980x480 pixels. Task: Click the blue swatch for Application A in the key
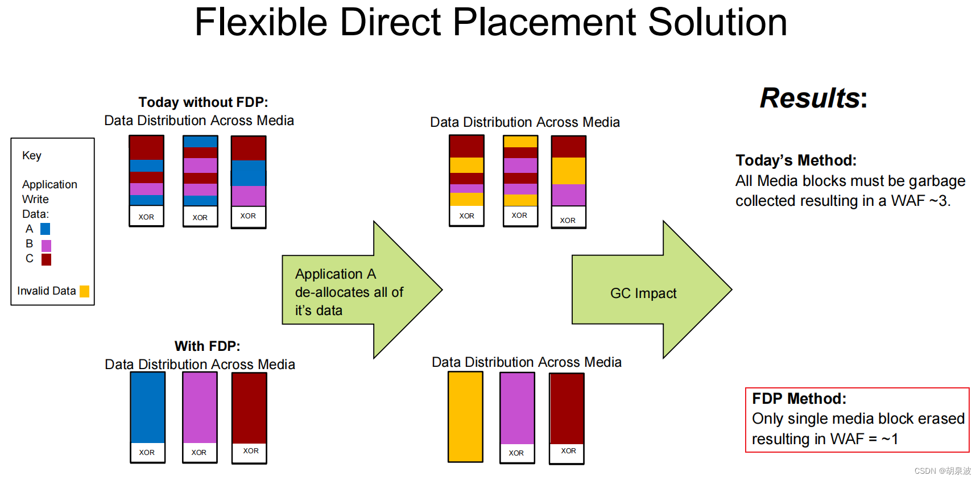(46, 229)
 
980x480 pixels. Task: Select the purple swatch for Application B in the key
(46, 245)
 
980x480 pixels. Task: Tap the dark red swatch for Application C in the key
(46, 259)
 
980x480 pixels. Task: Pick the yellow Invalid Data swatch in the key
(84, 291)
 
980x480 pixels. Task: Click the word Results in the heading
(809, 98)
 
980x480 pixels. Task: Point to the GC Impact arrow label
(643, 293)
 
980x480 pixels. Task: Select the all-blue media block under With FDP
(148, 407)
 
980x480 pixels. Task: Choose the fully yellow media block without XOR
(465, 416)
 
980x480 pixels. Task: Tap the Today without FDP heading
(203, 102)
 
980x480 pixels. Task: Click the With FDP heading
(207, 346)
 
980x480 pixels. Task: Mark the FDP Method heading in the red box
(799, 399)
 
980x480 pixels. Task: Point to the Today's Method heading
(796, 160)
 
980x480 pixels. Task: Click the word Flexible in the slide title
(261, 23)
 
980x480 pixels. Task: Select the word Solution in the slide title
(717, 23)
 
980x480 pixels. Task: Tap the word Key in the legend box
(32, 155)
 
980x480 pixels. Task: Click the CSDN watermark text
(942, 471)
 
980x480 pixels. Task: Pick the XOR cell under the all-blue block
(147, 453)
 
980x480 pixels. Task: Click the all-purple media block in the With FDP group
(200, 407)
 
